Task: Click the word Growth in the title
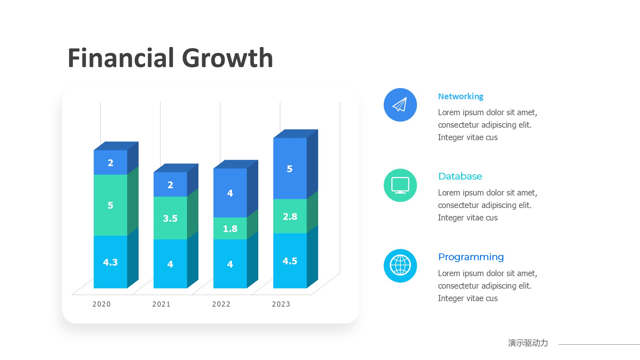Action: pos(228,58)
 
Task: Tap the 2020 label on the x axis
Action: pos(101,304)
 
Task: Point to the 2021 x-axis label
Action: pos(161,304)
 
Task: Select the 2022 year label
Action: pos(221,304)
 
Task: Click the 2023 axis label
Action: pos(281,304)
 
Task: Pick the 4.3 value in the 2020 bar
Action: pos(110,262)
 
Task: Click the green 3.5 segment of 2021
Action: pos(170,218)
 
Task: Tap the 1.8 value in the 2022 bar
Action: pos(230,228)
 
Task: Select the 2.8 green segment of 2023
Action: pos(290,216)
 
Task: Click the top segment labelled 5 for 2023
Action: pos(290,169)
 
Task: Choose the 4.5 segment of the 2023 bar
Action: pos(290,261)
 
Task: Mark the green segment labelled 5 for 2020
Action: pos(110,205)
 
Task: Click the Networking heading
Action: pos(460,96)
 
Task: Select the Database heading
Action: pos(460,176)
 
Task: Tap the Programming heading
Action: pos(471,257)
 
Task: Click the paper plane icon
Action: pos(400,105)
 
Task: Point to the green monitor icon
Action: pos(400,185)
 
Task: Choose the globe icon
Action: pos(400,266)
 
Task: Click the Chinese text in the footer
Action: pos(528,343)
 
